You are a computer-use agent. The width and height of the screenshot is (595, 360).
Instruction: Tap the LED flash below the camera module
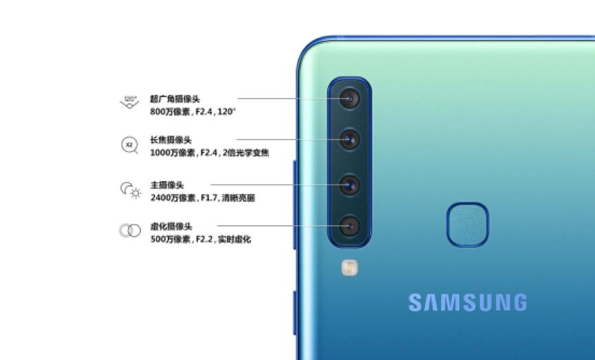(349, 267)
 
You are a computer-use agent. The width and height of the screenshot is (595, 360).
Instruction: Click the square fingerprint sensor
(468, 224)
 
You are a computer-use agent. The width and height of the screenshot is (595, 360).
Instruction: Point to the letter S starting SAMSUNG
(416, 302)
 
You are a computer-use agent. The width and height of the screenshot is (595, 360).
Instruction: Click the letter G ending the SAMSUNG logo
(519, 302)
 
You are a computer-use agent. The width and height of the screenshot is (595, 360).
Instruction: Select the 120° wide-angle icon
(129, 103)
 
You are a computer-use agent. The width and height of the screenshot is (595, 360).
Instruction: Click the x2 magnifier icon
(129, 145)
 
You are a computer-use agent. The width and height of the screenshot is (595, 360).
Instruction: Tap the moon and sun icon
(130, 189)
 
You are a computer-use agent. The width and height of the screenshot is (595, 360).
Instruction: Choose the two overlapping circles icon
(129, 231)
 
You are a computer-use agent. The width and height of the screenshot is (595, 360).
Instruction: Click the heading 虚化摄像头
(171, 226)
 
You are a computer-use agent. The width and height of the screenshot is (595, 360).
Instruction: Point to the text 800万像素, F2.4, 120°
(193, 112)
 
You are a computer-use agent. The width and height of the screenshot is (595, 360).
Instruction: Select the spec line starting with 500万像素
(200, 240)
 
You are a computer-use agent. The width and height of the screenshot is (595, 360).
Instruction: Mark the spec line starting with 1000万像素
(209, 153)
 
